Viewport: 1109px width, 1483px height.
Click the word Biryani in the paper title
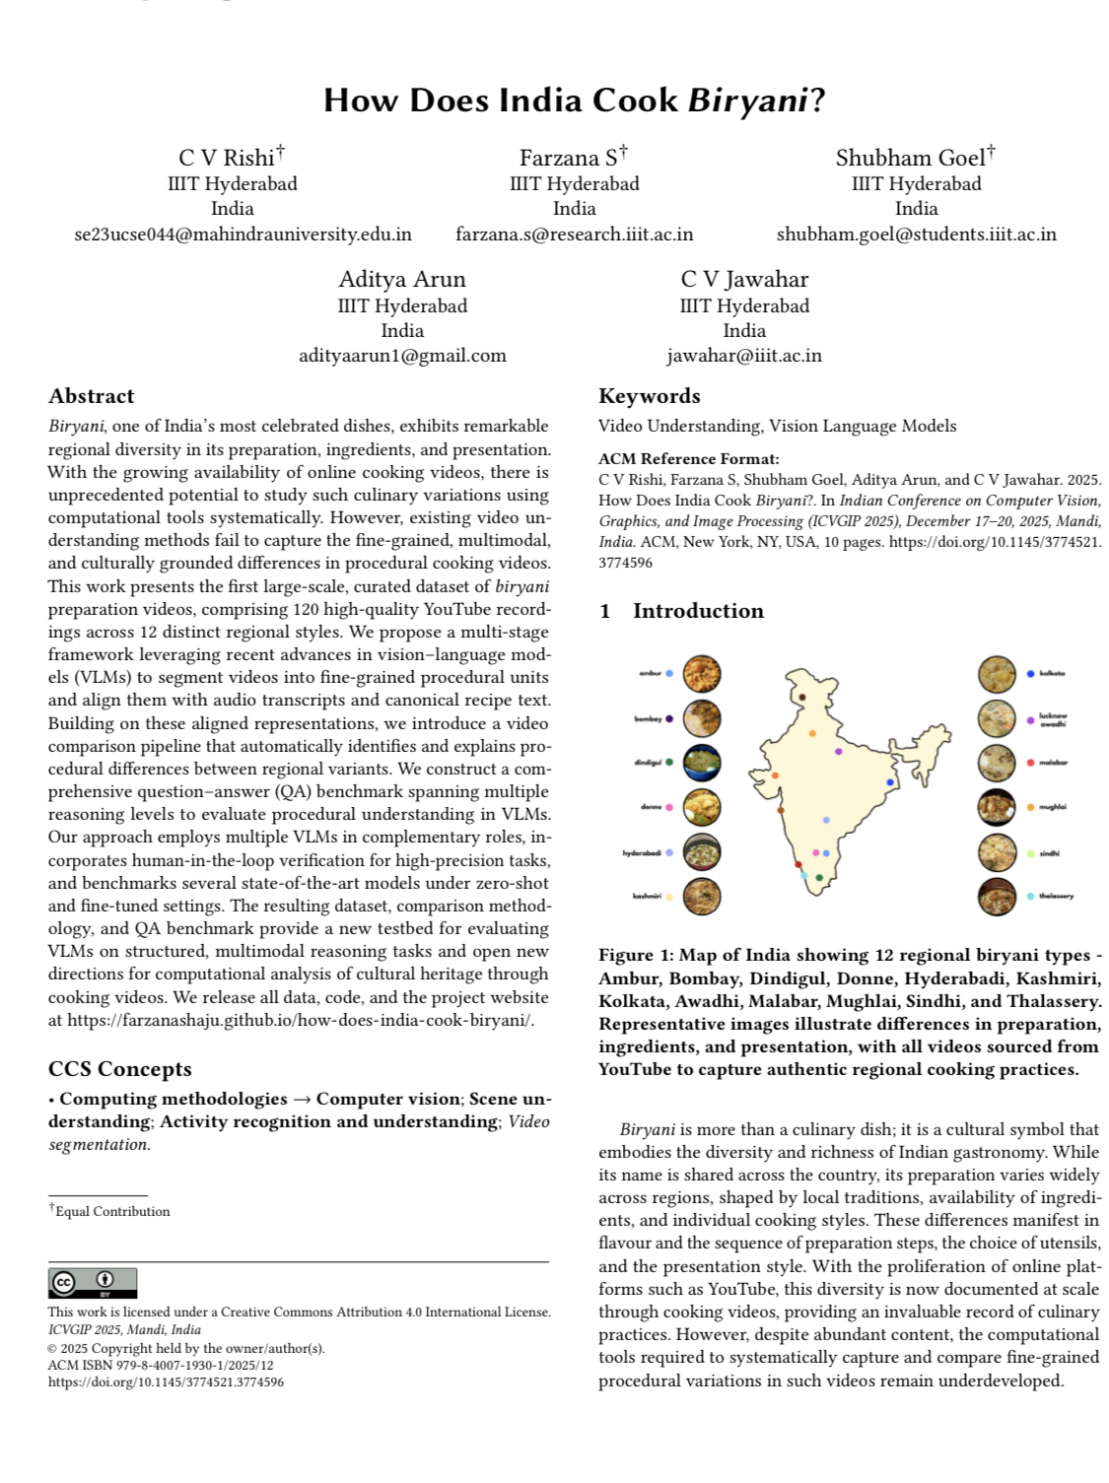pyautogui.click(x=747, y=101)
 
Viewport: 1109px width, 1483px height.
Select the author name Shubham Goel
pyautogui.click(x=910, y=158)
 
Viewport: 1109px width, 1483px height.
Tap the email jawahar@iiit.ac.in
pyautogui.click(x=743, y=356)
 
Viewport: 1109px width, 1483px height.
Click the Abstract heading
pyautogui.click(x=92, y=396)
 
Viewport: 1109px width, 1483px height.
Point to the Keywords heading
pyautogui.click(x=649, y=396)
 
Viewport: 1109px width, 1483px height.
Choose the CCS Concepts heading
pyautogui.click(x=120, y=1069)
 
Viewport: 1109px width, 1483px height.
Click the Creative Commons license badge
pyautogui.click(x=93, y=1282)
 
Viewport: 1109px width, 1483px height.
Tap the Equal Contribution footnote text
pyautogui.click(x=111, y=1211)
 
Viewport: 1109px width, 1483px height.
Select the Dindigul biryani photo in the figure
pyautogui.click(x=701, y=762)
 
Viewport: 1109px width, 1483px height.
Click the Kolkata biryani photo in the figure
pyautogui.click(x=997, y=674)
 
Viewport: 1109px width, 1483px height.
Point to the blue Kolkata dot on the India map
pyautogui.click(x=890, y=782)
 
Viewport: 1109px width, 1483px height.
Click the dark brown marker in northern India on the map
pyautogui.click(x=802, y=697)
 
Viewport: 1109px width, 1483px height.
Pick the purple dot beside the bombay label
pyautogui.click(x=669, y=718)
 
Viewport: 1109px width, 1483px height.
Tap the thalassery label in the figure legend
pyautogui.click(x=1056, y=896)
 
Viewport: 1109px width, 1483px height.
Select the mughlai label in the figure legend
pyautogui.click(x=1053, y=807)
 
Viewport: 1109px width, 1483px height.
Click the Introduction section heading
pyautogui.click(x=697, y=611)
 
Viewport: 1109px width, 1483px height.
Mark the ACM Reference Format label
pyautogui.click(x=688, y=458)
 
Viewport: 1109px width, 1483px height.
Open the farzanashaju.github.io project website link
pyautogui.click(x=301, y=1020)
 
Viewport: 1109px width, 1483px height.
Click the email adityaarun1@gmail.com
pyautogui.click(x=402, y=356)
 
